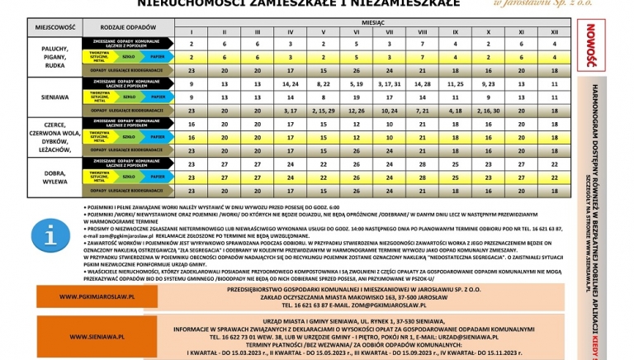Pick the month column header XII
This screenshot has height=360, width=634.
pyautogui.click(x=554, y=31)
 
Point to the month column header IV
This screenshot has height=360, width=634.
pyautogui.click(x=290, y=31)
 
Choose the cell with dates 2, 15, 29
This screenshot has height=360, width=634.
pyautogui.click(x=323, y=110)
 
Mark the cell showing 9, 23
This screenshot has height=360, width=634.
pyautogui.click(x=488, y=83)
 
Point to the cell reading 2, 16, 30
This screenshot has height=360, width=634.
pyautogui.click(x=488, y=110)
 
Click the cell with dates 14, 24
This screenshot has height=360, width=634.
pyautogui.click(x=290, y=83)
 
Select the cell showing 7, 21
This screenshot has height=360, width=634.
pyautogui.click(x=422, y=110)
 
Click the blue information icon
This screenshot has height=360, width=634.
pyautogui.click(x=51, y=236)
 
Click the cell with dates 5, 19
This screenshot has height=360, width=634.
pyautogui.click(x=356, y=83)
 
